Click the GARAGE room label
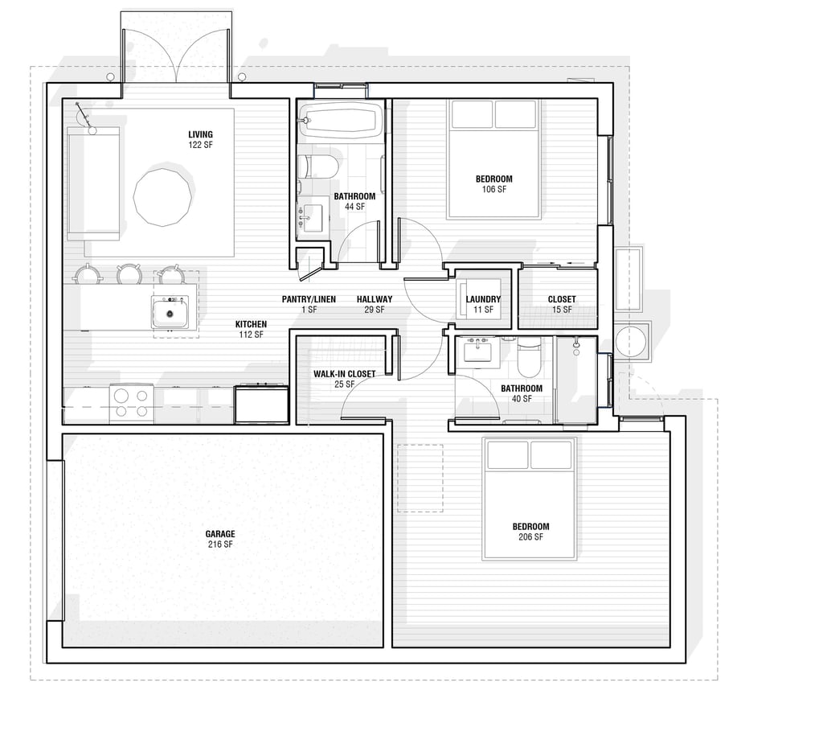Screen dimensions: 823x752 click(220, 534)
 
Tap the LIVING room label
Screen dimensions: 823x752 click(200, 134)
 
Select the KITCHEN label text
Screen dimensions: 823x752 click(251, 325)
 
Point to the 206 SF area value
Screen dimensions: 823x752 click(530, 537)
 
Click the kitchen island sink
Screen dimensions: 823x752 click(170, 312)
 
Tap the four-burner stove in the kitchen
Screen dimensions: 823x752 click(132, 403)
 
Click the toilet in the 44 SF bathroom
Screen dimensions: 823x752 click(317, 166)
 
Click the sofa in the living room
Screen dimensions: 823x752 click(93, 184)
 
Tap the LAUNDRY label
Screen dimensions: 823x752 click(483, 299)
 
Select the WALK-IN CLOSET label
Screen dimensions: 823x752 click(344, 374)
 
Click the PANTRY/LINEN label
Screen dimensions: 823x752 click(309, 299)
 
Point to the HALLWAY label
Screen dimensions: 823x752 click(375, 299)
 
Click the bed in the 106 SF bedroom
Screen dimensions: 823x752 click(493, 159)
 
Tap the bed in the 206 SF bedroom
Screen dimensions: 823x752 click(530, 499)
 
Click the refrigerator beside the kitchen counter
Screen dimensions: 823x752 click(262, 403)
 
